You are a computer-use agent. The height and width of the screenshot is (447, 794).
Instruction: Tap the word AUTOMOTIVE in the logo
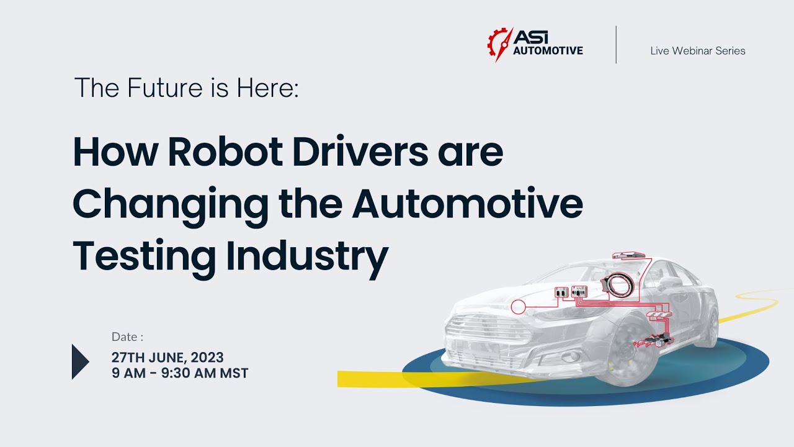548,51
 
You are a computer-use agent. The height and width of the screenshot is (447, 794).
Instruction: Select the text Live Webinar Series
698,51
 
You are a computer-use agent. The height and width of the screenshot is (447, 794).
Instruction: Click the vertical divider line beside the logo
616,45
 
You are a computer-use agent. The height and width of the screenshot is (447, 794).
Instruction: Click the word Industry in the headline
307,256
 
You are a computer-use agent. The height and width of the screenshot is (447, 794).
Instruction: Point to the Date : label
127,337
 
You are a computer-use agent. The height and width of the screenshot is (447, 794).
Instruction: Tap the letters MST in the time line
234,374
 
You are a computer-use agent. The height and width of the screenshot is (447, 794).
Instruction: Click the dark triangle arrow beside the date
81,361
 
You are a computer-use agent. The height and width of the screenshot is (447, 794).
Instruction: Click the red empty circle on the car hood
518,306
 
